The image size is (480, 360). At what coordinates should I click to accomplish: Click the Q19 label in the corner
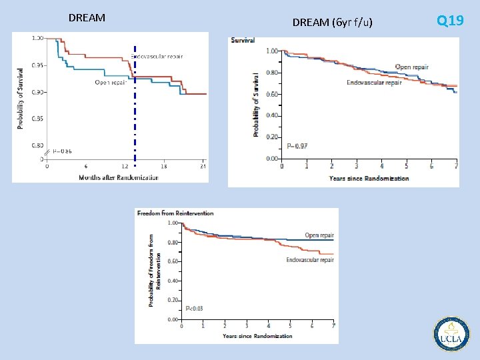(450, 21)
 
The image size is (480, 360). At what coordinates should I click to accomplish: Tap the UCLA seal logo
(452, 333)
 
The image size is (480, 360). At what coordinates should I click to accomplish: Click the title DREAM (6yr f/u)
(332, 23)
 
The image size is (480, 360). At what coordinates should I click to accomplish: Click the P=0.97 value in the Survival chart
(297, 146)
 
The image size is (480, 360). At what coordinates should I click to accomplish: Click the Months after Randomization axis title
(119, 177)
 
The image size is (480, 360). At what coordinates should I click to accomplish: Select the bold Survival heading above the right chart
(243, 41)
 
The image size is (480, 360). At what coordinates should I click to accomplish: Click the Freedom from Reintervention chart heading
(175, 213)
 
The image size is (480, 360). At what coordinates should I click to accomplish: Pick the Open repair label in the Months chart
(111, 83)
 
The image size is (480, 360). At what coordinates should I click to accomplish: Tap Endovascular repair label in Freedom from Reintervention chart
(309, 260)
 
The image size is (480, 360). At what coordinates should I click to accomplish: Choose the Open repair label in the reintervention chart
(319, 235)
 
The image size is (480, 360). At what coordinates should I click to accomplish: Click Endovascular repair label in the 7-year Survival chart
(374, 83)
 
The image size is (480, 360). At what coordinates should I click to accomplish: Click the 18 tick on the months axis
(164, 166)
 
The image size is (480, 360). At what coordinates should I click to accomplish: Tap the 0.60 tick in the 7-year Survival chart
(271, 94)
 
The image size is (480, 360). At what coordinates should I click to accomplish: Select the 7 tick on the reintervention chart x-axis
(333, 325)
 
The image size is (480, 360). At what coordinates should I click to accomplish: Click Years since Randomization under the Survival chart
(369, 178)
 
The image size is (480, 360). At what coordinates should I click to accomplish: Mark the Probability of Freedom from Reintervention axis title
(155, 270)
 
